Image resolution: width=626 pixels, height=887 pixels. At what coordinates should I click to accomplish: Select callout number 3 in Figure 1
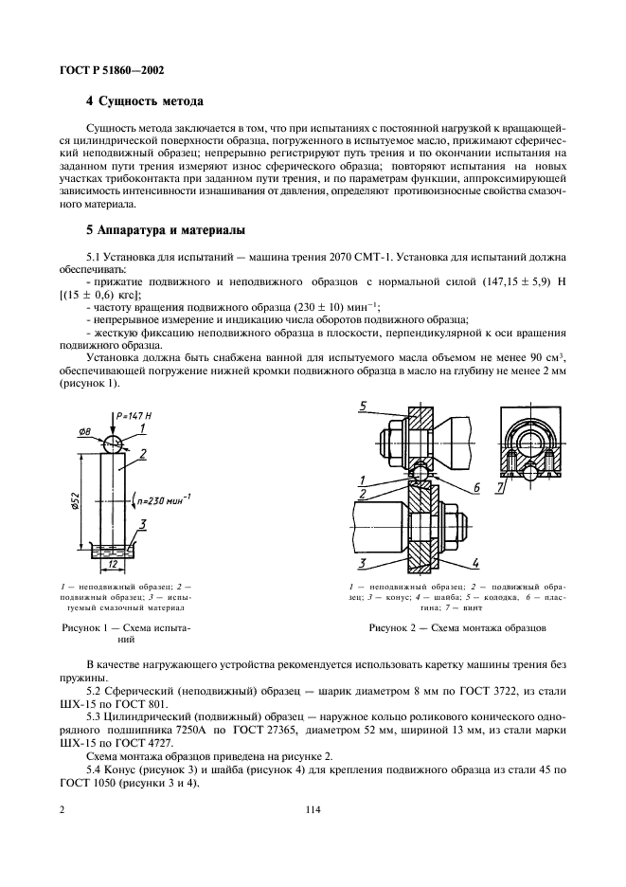point(141,523)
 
